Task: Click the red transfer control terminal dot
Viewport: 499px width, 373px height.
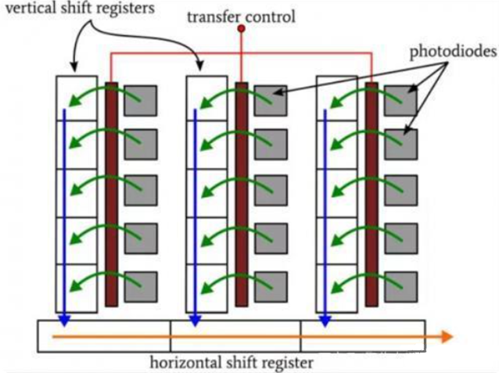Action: (x=241, y=29)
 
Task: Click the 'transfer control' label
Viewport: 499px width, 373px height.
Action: (x=242, y=15)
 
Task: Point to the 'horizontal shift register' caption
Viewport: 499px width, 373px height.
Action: (x=232, y=362)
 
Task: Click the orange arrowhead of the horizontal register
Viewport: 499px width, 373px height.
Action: (x=447, y=336)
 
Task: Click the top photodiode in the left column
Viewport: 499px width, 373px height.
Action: (x=141, y=99)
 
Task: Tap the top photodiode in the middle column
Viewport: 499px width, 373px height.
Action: (x=270, y=99)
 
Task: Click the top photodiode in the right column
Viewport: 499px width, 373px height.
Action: (x=400, y=99)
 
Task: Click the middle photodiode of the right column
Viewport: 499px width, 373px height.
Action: (x=400, y=190)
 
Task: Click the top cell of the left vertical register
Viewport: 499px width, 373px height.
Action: (x=76, y=93)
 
